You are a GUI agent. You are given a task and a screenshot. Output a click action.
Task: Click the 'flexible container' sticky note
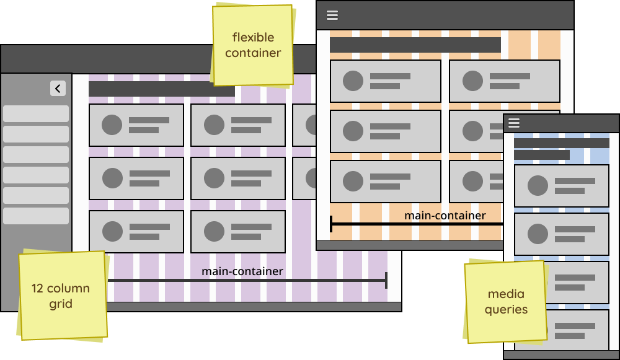click(252, 45)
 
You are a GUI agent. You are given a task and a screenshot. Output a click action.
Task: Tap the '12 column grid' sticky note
click(61, 296)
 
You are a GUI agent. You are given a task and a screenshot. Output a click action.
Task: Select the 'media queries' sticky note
click(505, 302)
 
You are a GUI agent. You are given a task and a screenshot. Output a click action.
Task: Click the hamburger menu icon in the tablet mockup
click(332, 15)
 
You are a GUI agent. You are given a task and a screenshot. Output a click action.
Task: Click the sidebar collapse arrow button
click(58, 89)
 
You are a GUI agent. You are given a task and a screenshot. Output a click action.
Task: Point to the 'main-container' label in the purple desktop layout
click(242, 271)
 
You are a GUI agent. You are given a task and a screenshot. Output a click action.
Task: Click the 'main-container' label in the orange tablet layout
click(445, 216)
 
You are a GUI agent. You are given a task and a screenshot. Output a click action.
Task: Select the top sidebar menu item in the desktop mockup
click(36, 114)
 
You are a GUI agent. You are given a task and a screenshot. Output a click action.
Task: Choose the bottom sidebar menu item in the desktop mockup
click(36, 216)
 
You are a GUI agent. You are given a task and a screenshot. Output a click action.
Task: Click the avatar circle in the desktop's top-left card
click(112, 125)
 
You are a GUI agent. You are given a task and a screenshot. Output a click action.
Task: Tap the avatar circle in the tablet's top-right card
click(473, 81)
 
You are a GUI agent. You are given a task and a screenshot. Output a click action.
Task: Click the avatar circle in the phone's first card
click(538, 186)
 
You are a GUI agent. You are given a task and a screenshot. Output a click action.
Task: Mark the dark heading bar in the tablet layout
click(415, 45)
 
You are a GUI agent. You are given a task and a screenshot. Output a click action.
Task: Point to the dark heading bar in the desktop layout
click(162, 89)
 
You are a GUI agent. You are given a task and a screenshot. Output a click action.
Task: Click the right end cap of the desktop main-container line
click(386, 280)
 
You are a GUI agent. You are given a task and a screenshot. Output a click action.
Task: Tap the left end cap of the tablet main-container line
click(331, 223)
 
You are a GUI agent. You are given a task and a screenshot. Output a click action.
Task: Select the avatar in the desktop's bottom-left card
click(112, 231)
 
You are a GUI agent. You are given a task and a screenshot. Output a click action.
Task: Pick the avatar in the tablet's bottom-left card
click(353, 181)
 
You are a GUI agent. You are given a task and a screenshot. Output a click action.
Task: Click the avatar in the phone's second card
click(538, 234)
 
